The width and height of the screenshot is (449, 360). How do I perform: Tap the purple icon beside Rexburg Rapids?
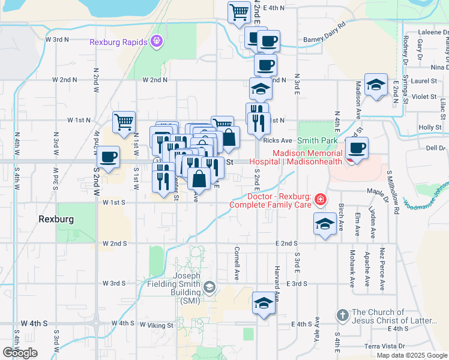pyautogui.click(x=157, y=41)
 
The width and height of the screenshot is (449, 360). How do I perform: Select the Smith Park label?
pyautogui.click(x=318, y=140)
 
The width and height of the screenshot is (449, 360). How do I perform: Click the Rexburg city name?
pyautogui.click(x=56, y=220)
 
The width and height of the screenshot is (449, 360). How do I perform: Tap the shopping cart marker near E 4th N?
pyautogui.click(x=239, y=12)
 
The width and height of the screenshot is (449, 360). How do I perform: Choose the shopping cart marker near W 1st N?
pyautogui.click(x=123, y=122)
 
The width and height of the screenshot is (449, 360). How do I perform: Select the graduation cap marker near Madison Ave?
pyautogui.click(x=376, y=85)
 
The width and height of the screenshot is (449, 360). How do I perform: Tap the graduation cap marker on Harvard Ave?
pyautogui.click(x=263, y=304)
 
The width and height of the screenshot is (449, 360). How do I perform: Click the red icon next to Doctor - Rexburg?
pyautogui.click(x=321, y=199)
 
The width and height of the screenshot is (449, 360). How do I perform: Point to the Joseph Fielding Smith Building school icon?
pyautogui.click(x=209, y=287)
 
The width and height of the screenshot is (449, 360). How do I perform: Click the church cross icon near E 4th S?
pyautogui.click(x=342, y=315)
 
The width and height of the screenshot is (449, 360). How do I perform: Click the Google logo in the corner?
pyautogui.click(x=20, y=353)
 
